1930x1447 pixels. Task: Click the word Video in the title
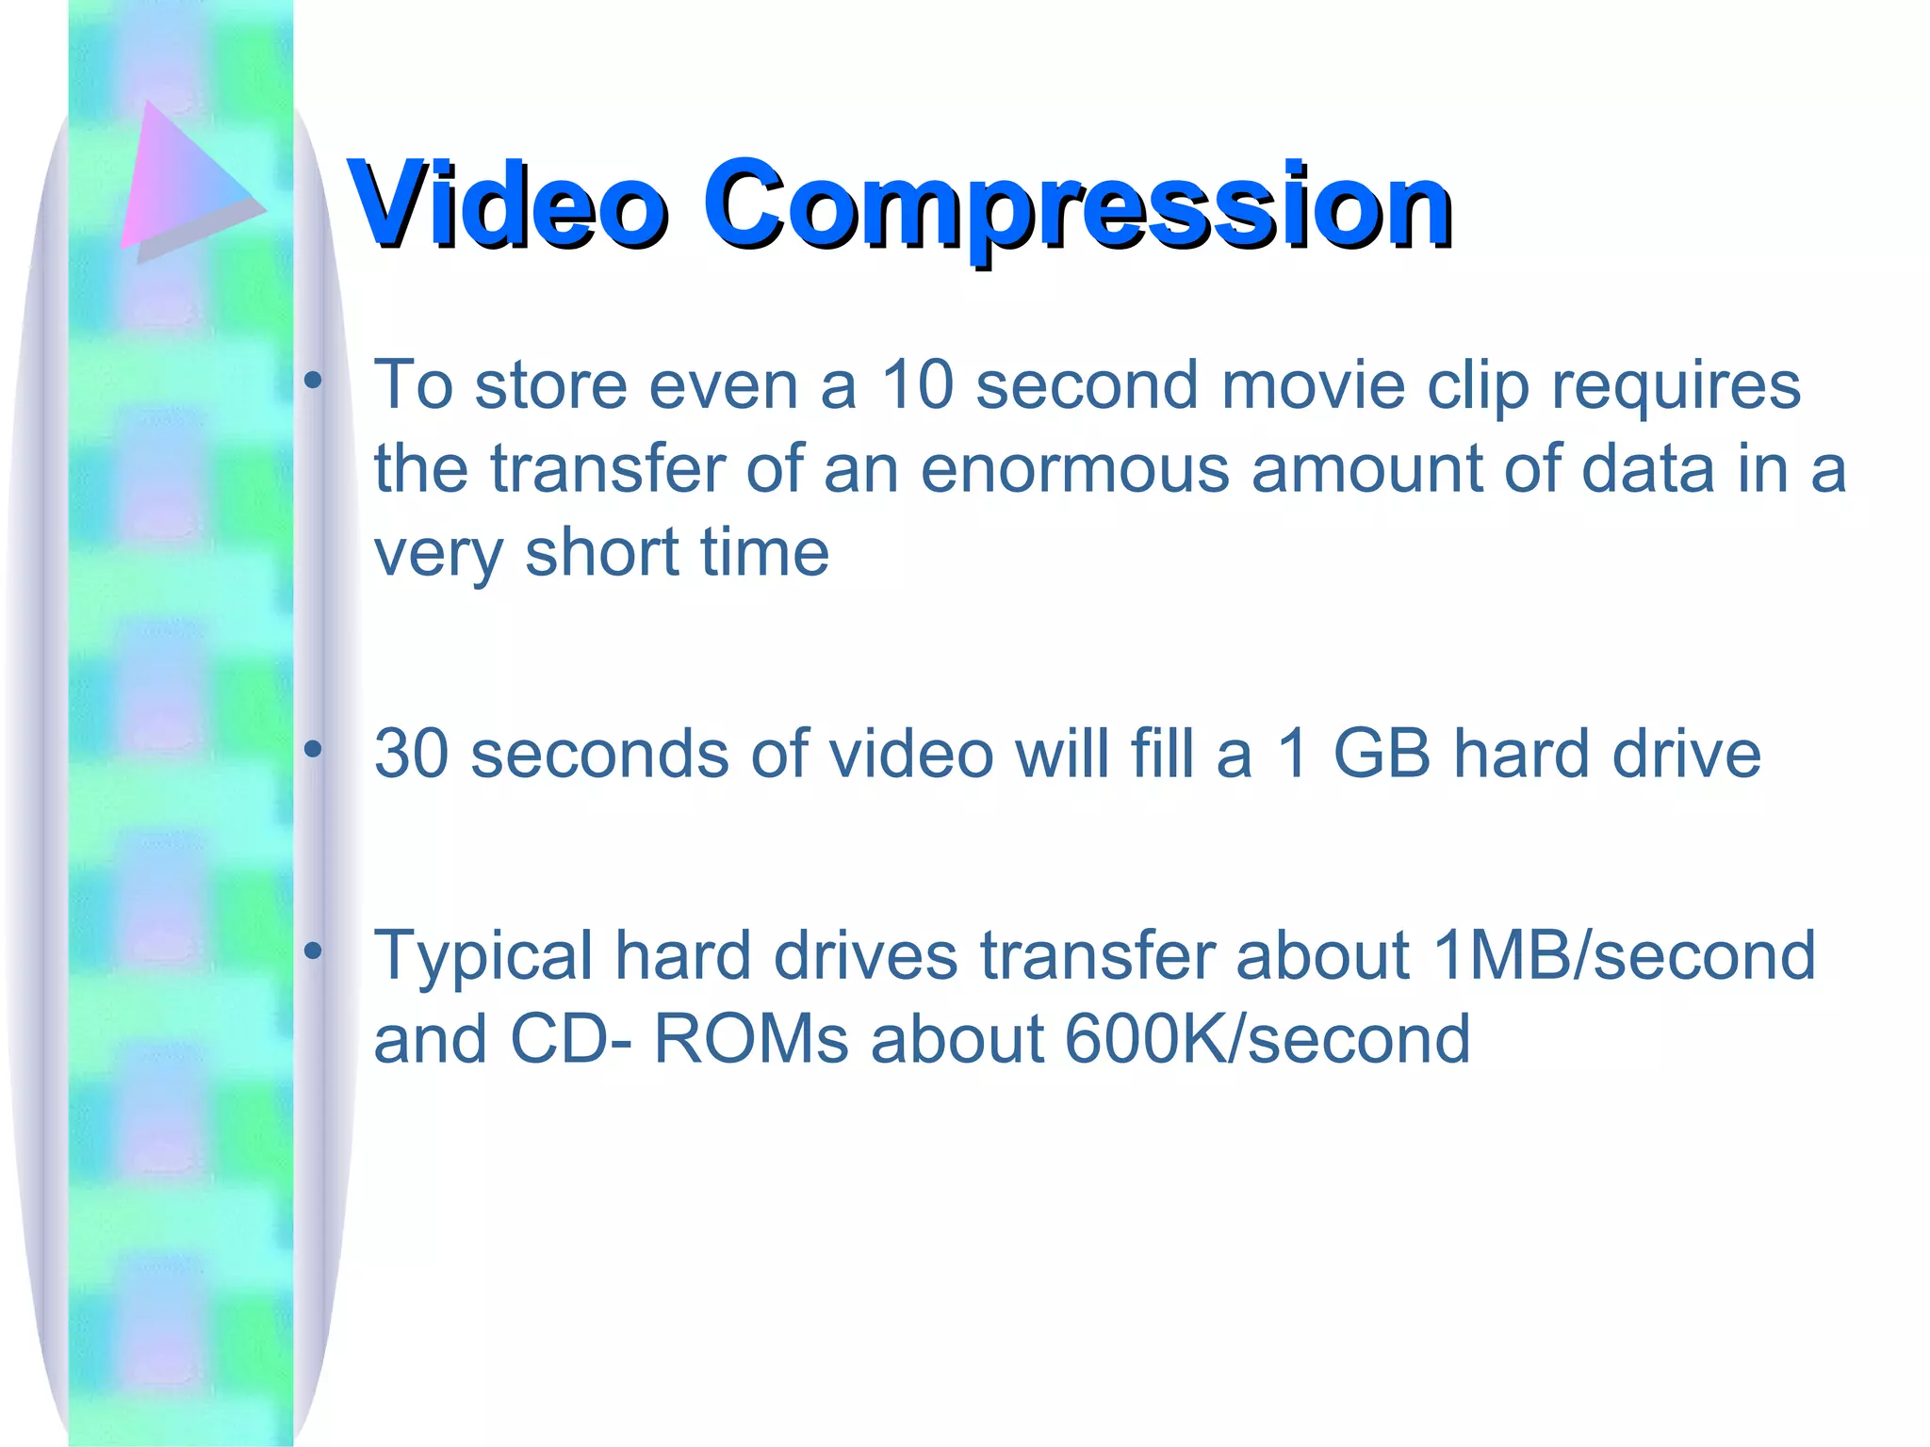coord(507,204)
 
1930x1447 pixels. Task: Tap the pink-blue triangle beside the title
coord(184,179)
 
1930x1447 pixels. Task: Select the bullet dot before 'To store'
coord(313,381)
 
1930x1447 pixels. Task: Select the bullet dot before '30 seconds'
coord(313,750)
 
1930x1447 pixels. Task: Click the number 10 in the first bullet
coord(918,385)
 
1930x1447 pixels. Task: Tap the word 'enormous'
coord(1074,469)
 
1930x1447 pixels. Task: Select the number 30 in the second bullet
coord(411,754)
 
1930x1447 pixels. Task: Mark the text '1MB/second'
coord(1623,955)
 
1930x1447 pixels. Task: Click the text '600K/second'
coord(1268,1039)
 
